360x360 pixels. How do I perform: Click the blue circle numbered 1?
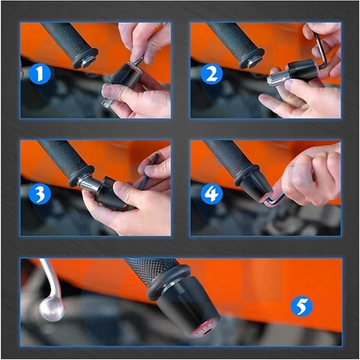tap(40, 74)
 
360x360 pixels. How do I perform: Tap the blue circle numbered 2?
tap(211, 74)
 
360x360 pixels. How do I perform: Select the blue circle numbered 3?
tap(40, 194)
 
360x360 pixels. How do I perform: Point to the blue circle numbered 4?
tap(211, 194)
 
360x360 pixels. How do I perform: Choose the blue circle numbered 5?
tap(301, 306)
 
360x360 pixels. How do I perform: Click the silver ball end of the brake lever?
tap(52, 309)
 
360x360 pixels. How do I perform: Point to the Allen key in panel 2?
tap(321, 49)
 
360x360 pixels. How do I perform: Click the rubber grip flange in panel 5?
tap(169, 283)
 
